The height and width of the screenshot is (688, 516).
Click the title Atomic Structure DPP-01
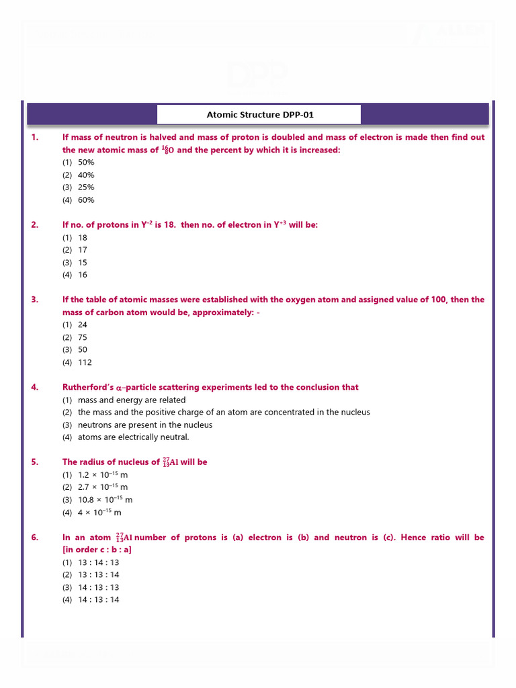coord(259,114)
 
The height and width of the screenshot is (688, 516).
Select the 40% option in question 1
coord(86,175)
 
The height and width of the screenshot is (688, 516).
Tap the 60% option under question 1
coord(86,200)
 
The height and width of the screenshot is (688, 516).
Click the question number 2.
coord(35,224)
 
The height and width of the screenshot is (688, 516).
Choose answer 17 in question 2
coord(83,250)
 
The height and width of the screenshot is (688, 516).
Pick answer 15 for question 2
coord(83,262)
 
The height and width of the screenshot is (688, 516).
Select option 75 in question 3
coord(83,337)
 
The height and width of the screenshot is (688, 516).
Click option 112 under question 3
coord(85,362)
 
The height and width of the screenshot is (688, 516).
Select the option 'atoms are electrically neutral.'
coord(134,437)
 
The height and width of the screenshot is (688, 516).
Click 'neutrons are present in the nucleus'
coord(145,425)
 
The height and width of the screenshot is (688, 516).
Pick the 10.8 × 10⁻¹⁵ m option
coord(105,500)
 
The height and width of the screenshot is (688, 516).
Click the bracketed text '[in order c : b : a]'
coord(97,550)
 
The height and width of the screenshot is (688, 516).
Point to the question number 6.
coord(35,537)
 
